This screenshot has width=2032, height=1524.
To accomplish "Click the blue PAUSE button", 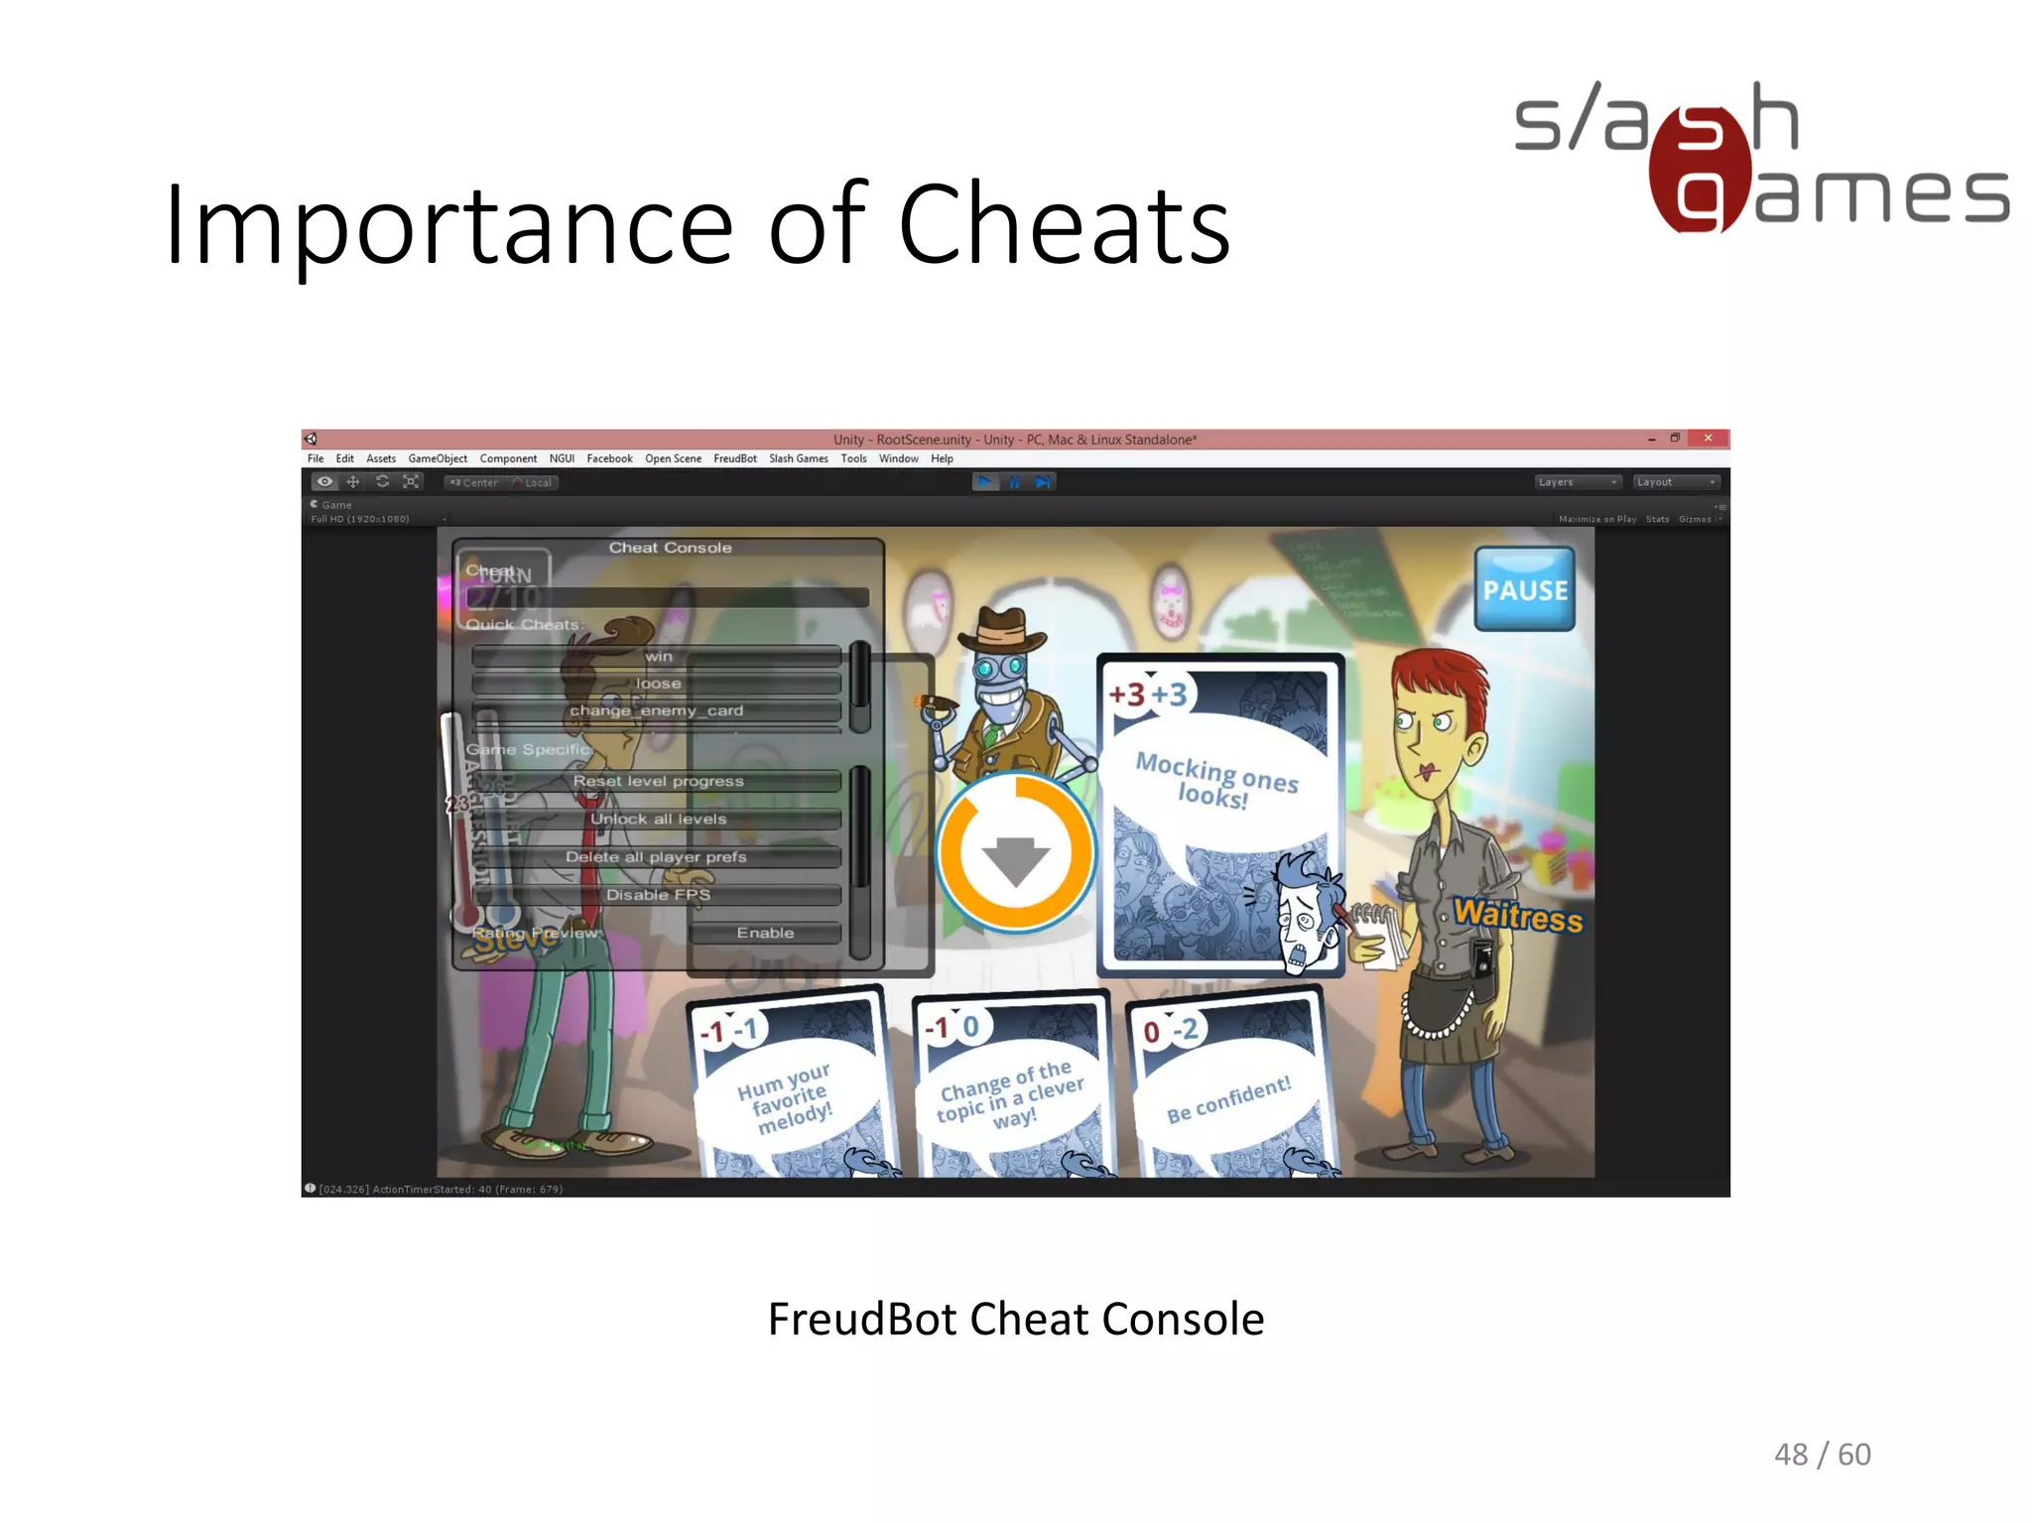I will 1524,589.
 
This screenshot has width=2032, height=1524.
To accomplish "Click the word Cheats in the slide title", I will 1064,226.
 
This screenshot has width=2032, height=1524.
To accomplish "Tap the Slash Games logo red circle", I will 1699,169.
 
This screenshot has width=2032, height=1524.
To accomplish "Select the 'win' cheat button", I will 657,656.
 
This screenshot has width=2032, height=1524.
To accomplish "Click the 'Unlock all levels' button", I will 657,819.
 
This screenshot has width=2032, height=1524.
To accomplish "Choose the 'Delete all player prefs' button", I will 657,856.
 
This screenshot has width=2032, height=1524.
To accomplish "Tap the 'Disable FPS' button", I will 657,894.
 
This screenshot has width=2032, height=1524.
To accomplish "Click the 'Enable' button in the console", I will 764,933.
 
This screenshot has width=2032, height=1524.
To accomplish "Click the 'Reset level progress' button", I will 657,781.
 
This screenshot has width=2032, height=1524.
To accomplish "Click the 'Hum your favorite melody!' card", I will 790,1091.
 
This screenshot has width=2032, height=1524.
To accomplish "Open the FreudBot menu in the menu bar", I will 734,458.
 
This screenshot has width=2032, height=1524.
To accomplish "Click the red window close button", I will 1708,439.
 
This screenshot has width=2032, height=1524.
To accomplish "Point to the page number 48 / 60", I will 1822,1455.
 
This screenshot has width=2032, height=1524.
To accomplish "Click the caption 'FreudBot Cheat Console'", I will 1015,1320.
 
